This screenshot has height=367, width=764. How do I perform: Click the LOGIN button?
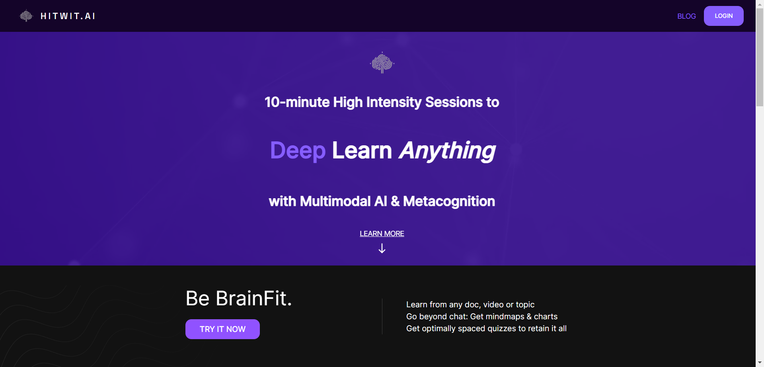(x=723, y=16)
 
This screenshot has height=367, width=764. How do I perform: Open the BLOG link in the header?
(x=686, y=16)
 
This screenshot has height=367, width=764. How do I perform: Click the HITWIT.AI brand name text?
(x=68, y=16)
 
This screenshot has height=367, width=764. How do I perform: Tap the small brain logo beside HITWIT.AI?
(x=26, y=16)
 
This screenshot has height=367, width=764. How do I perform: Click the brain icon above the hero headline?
(x=382, y=63)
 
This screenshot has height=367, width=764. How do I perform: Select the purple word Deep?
(x=298, y=150)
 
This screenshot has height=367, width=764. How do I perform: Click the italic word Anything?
(x=447, y=150)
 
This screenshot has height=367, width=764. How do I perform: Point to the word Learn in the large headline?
(x=362, y=150)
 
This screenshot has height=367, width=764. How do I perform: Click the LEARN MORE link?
(x=382, y=234)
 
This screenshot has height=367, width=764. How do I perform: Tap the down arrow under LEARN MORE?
(x=382, y=249)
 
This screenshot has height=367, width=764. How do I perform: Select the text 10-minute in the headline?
(x=296, y=102)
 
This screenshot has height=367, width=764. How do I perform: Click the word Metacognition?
(x=449, y=201)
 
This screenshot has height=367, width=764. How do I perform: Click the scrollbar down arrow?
(x=760, y=363)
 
